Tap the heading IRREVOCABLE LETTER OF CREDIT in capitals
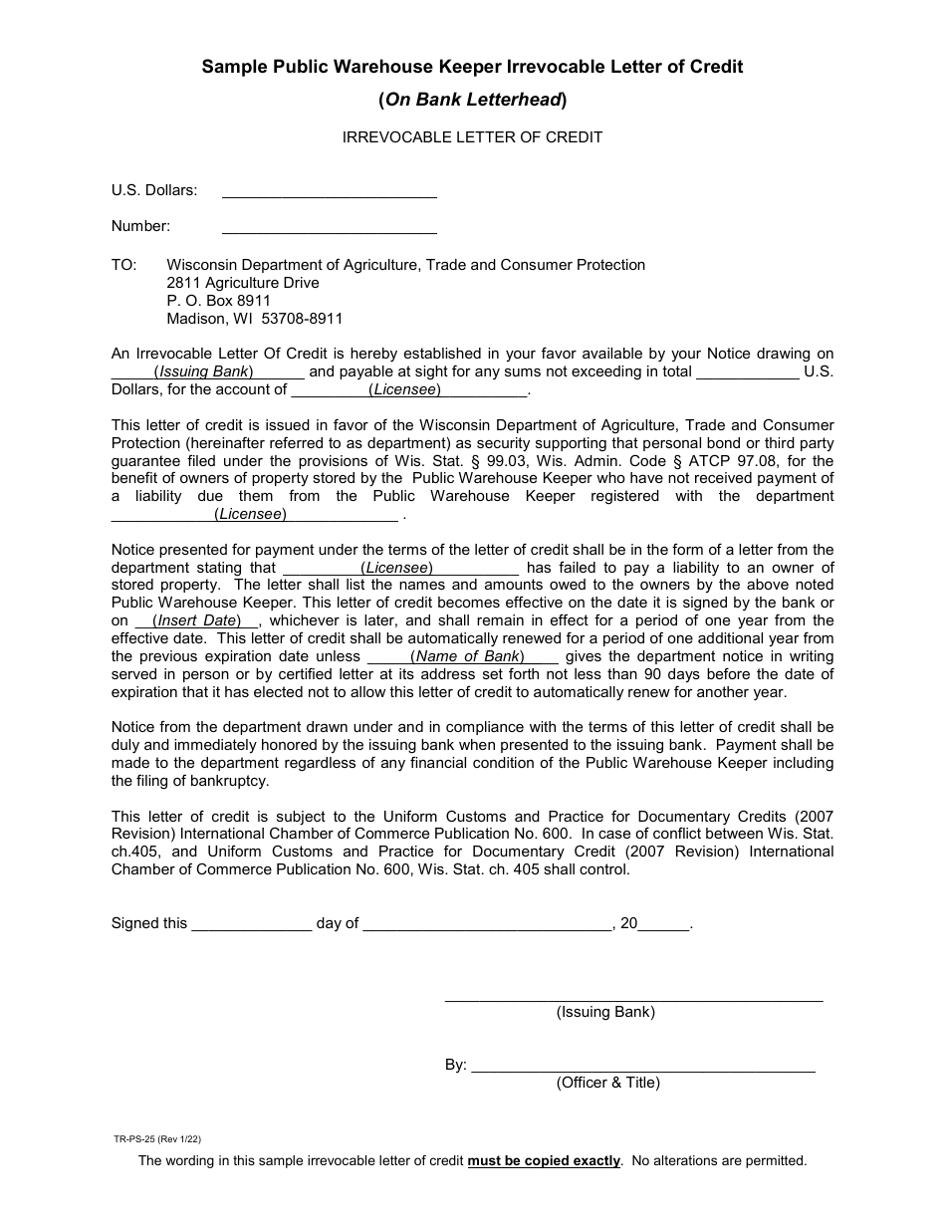(x=472, y=137)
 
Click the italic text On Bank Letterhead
(x=472, y=100)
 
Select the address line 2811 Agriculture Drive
(x=243, y=283)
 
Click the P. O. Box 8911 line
(x=218, y=301)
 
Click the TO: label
(x=123, y=265)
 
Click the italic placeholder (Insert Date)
(x=197, y=620)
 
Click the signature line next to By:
(x=642, y=1068)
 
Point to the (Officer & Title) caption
(x=607, y=1083)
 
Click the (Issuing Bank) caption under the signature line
(x=605, y=1012)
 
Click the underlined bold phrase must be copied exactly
(x=544, y=1160)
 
